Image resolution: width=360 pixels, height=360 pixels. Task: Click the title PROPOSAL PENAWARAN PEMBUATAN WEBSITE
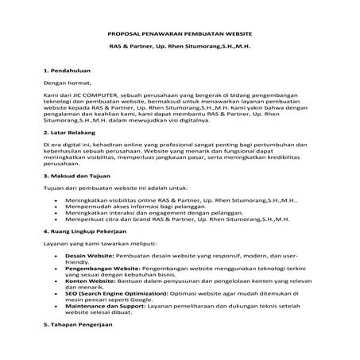coord(179,34)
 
